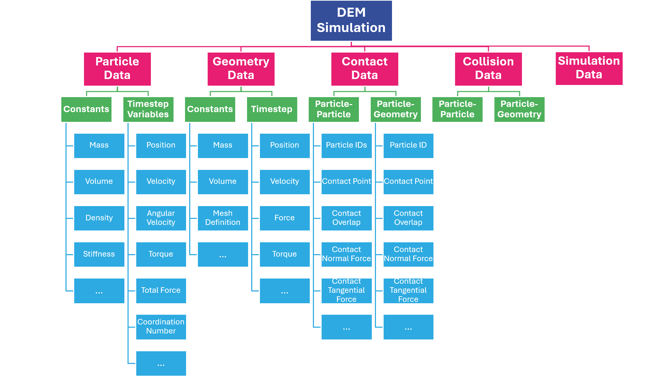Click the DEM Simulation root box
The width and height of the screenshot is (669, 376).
pyautogui.click(x=351, y=21)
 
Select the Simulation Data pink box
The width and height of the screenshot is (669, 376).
pyautogui.click(x=589, y=68)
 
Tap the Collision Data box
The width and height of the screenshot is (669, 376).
pyautogui.click(x=488, y=69)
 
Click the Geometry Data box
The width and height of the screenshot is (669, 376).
pyautogui.click(x=241, y=69)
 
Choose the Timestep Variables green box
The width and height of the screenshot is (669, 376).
pyautogui.click(x=148, y=109)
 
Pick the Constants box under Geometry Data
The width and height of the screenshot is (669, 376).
pyautogui.click(x=210, y=109)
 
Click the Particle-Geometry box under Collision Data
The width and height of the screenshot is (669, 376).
pyautogui.click(x=519, y=109)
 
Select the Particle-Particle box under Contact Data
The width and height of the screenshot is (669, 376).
pyautogui.click(x=333, y=109)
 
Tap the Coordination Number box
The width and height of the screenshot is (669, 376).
pyautogui.click(x=161, y=327)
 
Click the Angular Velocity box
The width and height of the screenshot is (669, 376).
pyautogui.click(x=161, y=218)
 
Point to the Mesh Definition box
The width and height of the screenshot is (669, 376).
pyautogui.click(x=223, y=218)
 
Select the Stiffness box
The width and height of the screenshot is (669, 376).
pyautogui.click(x=99, y=254)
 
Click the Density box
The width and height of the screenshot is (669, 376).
pyautogui.click(x=99, y=218)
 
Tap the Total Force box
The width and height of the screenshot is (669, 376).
pyautogui.click(x=161, y=291)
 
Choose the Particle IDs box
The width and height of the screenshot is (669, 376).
pyautogui.click(x=346, y=146)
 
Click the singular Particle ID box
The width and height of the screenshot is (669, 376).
pyautogui.click(x=408, y=146)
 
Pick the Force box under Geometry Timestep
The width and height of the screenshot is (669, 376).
pyautogui.click(x=285, y=218)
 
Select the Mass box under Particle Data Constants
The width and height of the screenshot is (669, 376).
pyautogui.click(x=99, y=146)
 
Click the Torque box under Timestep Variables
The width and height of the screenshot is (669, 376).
pyautogui.click(x=161, y=254)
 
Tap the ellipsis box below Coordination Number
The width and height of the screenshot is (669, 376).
pyautogui.click(x=161, y=363)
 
